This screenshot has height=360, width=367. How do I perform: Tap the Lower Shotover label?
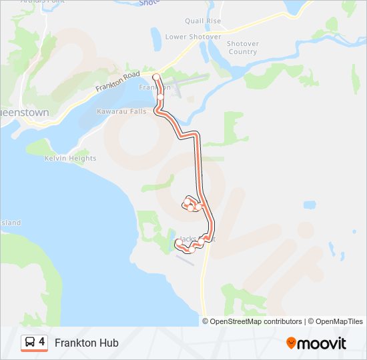point(193,37)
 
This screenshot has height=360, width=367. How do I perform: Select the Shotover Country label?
point(242,47)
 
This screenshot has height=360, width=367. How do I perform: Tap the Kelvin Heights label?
point(70,159)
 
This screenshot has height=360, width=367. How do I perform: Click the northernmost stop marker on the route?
point(156,77)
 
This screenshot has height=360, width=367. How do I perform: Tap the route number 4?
point(42,342)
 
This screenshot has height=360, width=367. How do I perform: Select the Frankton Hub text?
point(87,343)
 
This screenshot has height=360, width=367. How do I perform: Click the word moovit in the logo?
point(322,343)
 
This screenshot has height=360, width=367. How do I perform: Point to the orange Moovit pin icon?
point(291,343)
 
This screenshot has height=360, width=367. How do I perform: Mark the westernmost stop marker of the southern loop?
point(177,243)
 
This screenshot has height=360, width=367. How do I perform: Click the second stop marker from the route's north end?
point(160,97)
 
